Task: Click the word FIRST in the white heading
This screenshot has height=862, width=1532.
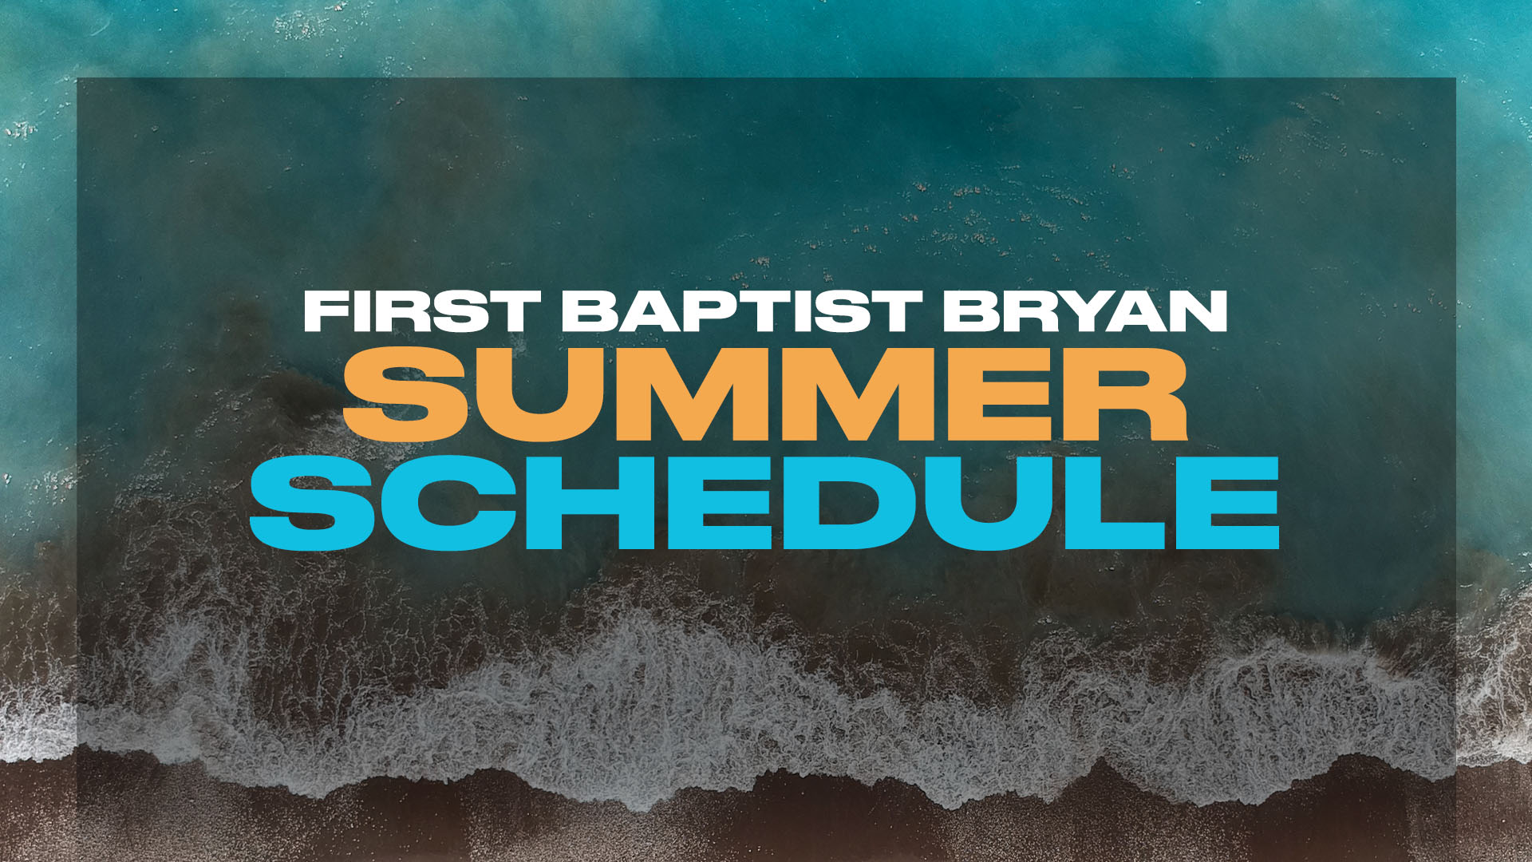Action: [x=422, y=311]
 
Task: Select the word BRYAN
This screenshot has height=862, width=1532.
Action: [x=1084, y=311]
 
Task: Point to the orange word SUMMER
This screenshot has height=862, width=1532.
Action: [x=765, y=394]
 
